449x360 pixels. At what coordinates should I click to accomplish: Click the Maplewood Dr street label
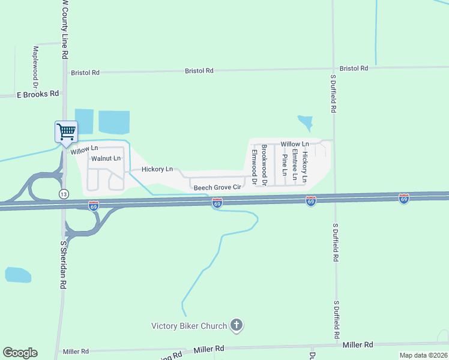(x=35, y=66)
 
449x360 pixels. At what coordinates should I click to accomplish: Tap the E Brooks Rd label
(x=38, y=94)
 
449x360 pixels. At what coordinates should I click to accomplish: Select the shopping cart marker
(x=66, y=131)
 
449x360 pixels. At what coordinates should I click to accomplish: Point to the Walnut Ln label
(x=106, y=158)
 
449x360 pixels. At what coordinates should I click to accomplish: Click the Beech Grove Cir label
(x=217, y=188)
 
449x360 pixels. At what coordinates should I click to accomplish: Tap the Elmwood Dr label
(x=255, y=167)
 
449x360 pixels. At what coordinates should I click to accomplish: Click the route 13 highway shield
(x=63, y=193)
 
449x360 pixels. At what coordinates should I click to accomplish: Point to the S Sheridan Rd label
(x=62, y=265)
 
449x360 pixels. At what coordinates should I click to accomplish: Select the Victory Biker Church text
(x=188, y=326)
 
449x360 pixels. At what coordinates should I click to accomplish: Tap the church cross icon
(x=237, y=326)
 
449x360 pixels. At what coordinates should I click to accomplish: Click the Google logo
(x=20, y=353)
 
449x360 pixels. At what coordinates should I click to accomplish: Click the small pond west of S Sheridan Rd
(x=18, y=275)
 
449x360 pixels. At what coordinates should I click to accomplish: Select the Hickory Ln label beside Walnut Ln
(x=157, y=170)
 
